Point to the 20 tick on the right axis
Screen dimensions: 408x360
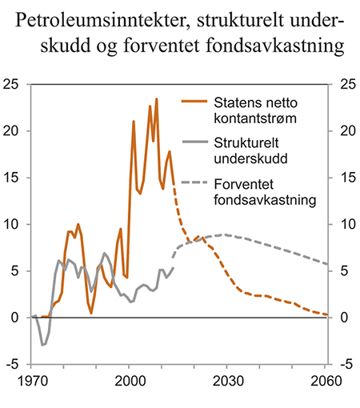click(346, 131)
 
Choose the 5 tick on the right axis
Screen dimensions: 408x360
click(345, 271)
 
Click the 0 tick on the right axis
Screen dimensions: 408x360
click(345, 318)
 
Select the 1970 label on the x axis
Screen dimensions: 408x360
click(33, 379)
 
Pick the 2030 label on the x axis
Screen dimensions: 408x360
click(227, 379)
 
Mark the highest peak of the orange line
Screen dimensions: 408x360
click(157, 99)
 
